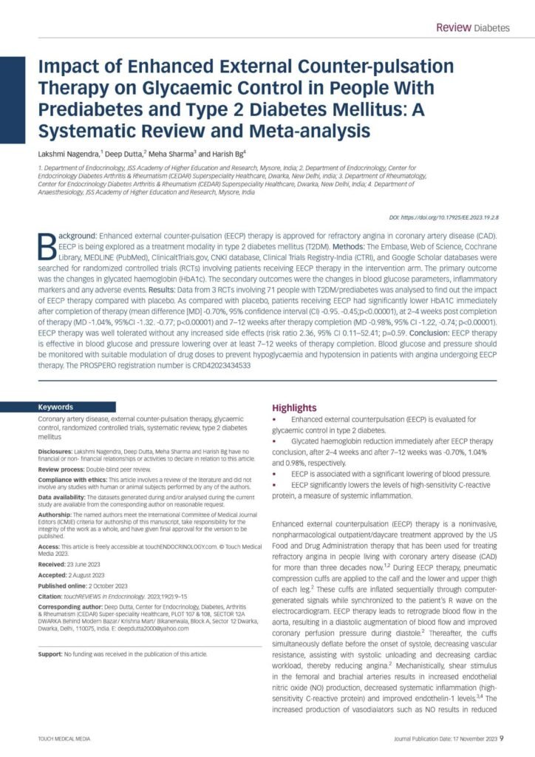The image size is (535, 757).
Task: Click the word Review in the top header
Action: (453, 28)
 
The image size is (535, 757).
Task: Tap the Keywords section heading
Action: (56, 407)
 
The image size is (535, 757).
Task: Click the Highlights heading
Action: (294, 407)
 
